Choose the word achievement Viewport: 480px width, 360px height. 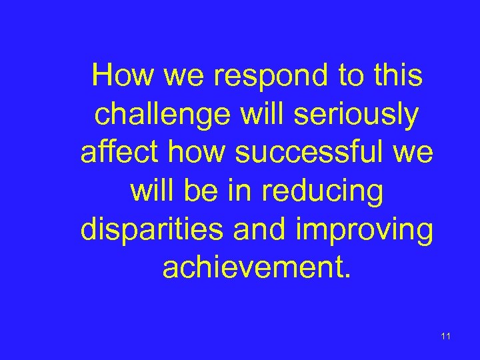click(x=255, y=268)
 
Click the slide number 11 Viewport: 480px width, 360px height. click(x=445, y=336)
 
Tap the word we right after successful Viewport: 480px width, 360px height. click(x=414, y=154)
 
